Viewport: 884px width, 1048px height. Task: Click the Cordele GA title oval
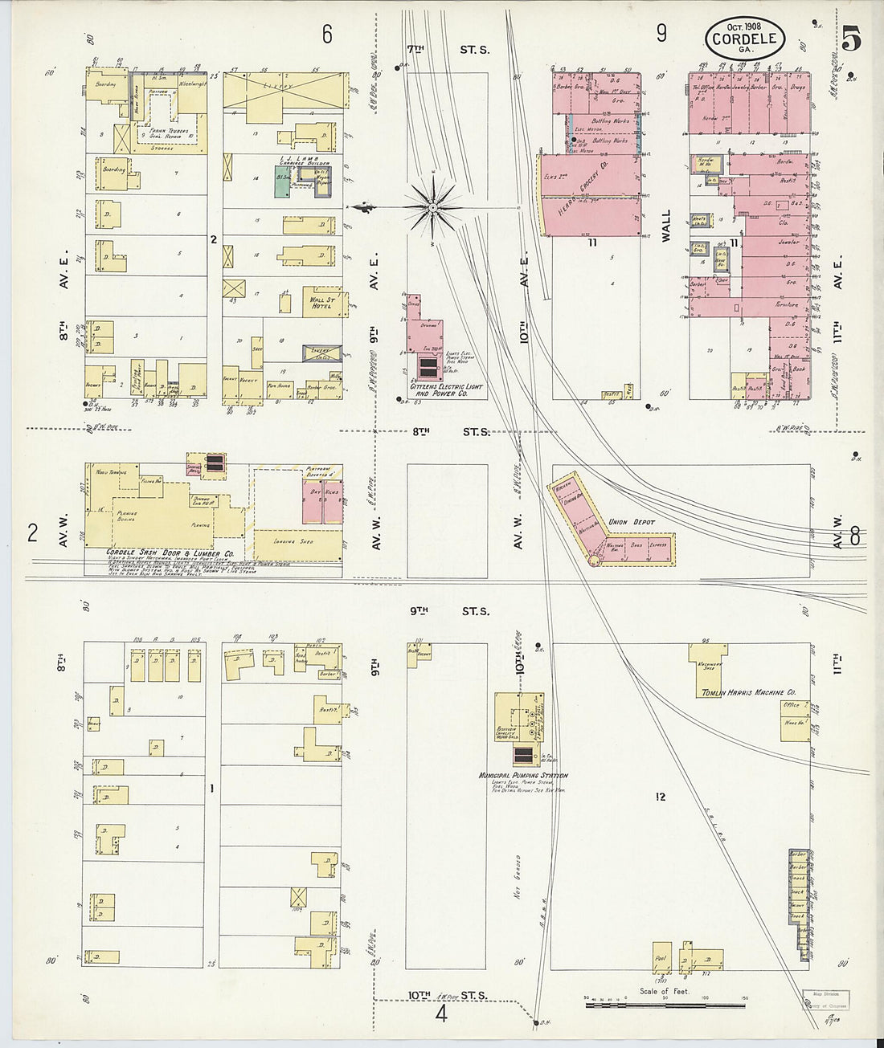coord(744,39)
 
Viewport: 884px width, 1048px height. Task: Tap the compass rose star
coord(433,208)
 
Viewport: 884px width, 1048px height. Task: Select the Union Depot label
coord(631,522)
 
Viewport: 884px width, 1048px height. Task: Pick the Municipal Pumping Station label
coord(523,776)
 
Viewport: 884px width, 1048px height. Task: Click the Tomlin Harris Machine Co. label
coord(748,692)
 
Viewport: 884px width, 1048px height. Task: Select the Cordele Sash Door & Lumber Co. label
coord(170,553)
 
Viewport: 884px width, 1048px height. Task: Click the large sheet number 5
coord(851,38)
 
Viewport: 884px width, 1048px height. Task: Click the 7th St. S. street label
coord(452,49)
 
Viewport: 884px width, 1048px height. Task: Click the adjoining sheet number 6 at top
coord(327,34)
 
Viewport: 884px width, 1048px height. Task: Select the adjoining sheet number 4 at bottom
coord(440,1013)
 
